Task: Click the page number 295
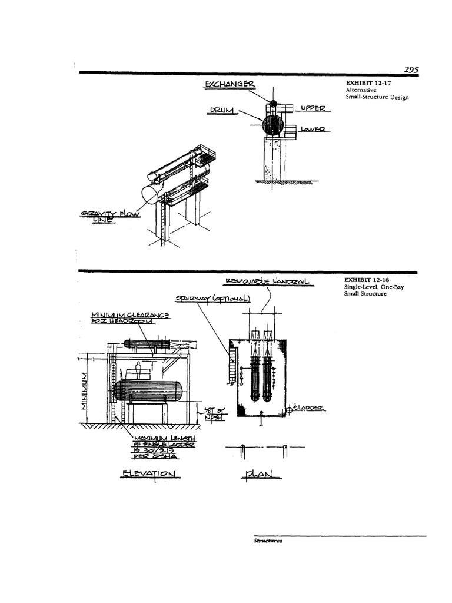pyautogui.click(x=411, y=69)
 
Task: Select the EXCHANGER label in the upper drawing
pyautogui.click(x=230, y=86)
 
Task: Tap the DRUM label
pyautogui.click(x=221, y=110)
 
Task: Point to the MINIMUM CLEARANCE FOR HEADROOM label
pyautogui.click(x=130, y=319)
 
